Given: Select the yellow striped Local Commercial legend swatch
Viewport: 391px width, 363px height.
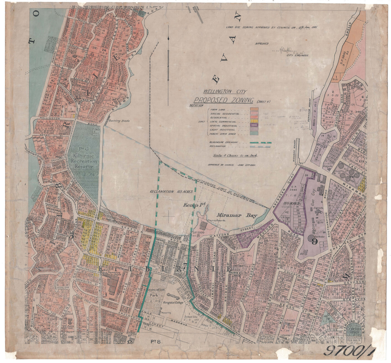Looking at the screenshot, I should [x=254, y=121].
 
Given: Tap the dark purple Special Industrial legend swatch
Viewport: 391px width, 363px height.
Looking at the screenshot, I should [x=254, y=125].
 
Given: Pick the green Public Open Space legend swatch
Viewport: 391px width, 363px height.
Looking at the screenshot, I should [x=254, y=134].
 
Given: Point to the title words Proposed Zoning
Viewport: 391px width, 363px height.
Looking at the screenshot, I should [x=224, y=100].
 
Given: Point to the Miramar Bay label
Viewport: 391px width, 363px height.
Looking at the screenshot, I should [x=237, y=215].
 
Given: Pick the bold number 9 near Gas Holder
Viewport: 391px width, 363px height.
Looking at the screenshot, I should [x=314, y=241].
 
